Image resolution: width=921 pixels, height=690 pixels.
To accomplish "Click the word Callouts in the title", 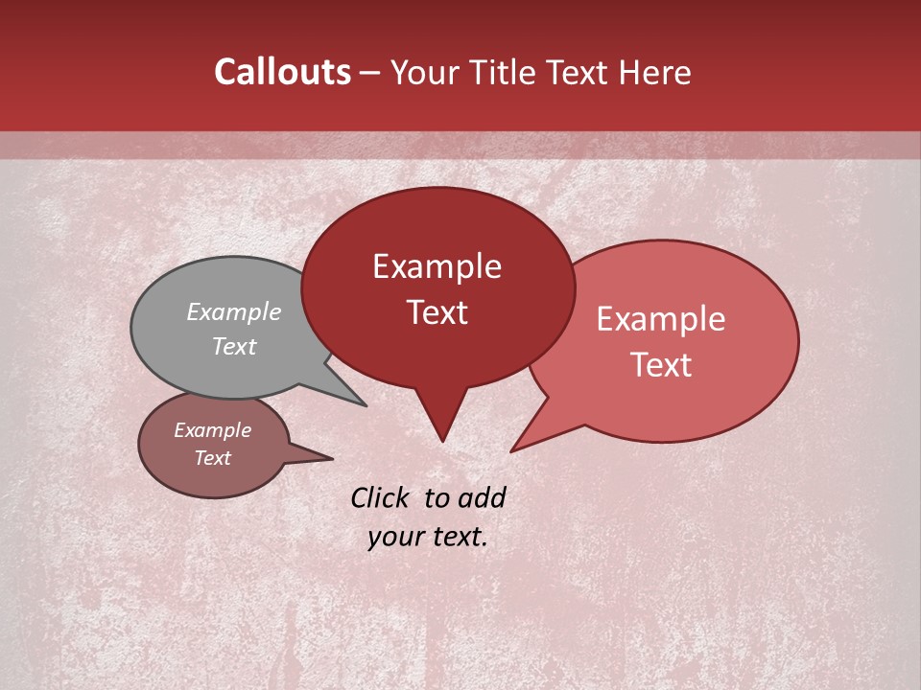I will [x=282, y=72].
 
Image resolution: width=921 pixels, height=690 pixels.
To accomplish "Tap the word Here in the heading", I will [x=655, y=72].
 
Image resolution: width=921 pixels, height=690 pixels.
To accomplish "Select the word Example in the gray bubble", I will [x=234, y=311].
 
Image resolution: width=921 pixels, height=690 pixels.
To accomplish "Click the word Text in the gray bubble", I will [x=234, y=346].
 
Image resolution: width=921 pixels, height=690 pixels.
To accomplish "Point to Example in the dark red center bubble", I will [x=437, y=266].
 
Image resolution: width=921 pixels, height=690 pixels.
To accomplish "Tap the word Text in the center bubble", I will [x=437, y=312].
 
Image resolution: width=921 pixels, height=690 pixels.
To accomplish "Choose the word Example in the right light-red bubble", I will [x=661, y=319].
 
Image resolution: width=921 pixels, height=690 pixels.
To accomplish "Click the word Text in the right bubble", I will [x=661, y=364].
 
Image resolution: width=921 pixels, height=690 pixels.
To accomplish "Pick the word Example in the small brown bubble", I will [x=212, y=430].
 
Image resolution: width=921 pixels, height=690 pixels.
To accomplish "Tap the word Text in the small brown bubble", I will [x=212, y=458].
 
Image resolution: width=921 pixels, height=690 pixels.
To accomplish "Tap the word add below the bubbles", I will [x=482, y=497].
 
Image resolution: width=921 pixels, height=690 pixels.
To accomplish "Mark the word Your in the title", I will [x=426, y=72].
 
